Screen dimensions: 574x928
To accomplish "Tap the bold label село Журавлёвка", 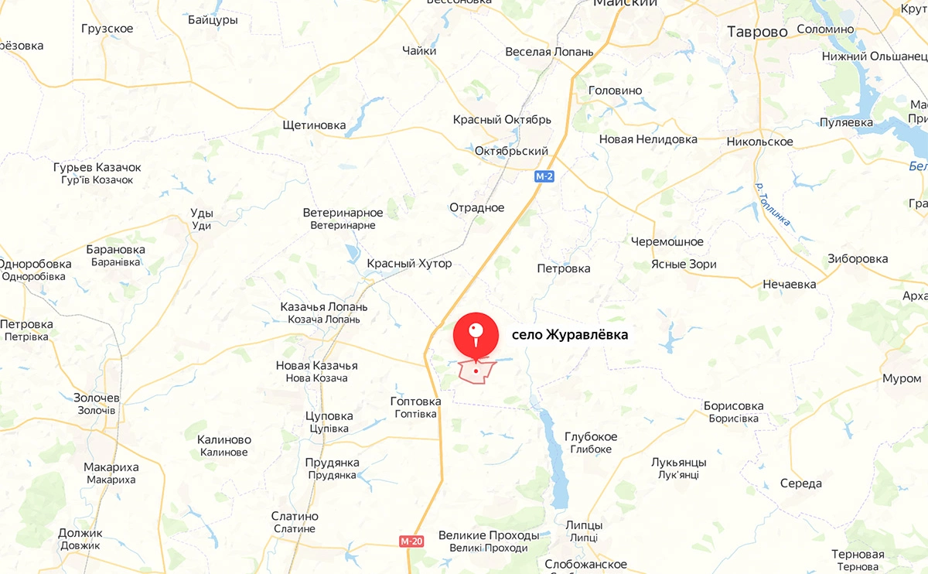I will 570,335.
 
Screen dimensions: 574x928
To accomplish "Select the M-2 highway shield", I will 544,176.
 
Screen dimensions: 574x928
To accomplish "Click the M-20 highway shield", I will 412,541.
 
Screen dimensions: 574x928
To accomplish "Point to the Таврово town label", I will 757,32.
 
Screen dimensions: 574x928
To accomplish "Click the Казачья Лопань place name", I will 323,307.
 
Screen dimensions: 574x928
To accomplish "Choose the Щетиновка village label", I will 314,125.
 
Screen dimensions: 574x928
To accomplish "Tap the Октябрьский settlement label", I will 511,151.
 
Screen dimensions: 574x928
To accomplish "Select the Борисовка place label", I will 733,406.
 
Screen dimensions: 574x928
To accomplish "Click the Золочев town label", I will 96,398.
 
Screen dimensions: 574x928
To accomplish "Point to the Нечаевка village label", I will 789,284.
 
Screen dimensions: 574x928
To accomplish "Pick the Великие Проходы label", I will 488,535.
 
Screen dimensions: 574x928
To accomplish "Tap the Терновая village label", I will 858,555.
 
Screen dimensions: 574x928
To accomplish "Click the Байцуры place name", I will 213,20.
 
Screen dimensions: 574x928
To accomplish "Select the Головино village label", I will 615,91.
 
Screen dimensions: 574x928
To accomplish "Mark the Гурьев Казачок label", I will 97,167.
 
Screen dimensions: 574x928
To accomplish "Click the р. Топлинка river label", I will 773,205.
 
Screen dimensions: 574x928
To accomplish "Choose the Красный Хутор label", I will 409,264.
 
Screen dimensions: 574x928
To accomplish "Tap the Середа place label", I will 801,483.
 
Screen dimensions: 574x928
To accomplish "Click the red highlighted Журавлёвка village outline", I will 476,372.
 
